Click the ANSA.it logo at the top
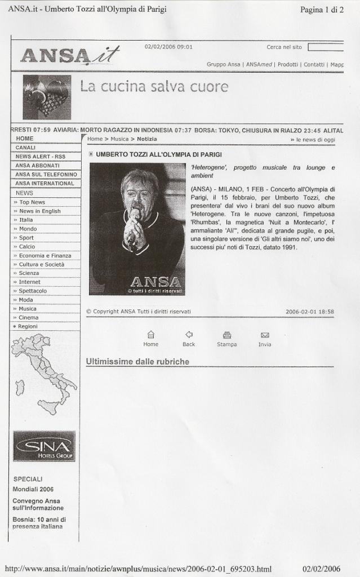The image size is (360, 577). (69, 56)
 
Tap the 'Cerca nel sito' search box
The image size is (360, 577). (326, 47)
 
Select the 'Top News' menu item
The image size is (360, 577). (32, 202)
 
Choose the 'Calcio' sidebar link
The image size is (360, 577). (26, 246)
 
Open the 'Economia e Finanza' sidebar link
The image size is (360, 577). (45, 255)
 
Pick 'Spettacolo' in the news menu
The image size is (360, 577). (33, 291)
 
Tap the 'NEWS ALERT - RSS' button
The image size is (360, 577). (40, 156)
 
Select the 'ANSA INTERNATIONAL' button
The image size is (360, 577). (45, 183)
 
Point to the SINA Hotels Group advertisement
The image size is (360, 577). (44, 446)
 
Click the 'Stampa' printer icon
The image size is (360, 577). (227, 335)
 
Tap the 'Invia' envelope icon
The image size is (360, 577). (265, 335)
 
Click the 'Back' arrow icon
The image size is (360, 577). (189, 334)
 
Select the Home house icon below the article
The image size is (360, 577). (151, 334)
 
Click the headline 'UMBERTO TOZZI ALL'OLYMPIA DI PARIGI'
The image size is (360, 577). (158, 154)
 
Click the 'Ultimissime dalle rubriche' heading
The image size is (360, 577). (137, 361)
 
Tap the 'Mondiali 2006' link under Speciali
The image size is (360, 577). (33, 489)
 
